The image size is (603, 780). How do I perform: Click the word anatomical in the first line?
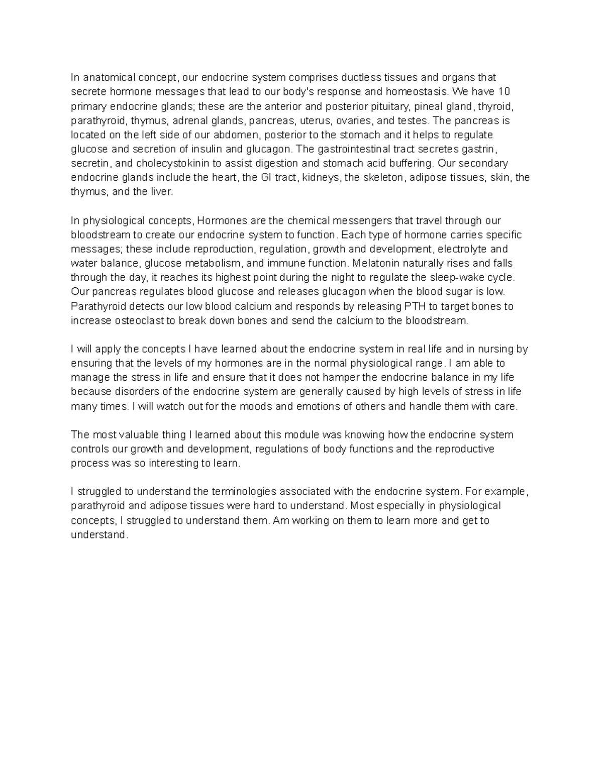[x=108, y=77]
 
